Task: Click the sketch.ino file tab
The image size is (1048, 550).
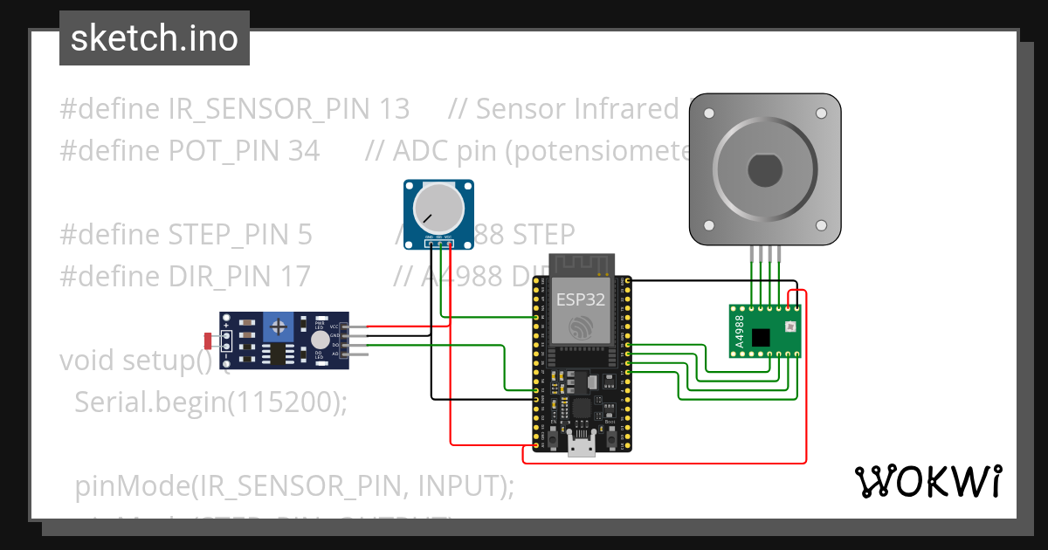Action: point(155,38)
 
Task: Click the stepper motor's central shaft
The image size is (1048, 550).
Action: point(764,169)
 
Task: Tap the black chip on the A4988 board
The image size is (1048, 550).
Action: point(762,337)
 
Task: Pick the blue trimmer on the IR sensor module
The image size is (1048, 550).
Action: point(280,327)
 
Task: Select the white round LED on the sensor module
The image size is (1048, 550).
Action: point(321,340)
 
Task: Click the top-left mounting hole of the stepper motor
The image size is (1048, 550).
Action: point(708,113)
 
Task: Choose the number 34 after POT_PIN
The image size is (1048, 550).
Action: point(303,151)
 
